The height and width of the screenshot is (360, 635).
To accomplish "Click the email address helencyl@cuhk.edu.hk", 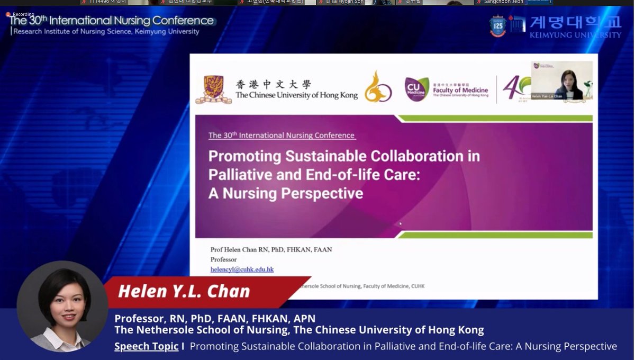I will click(242, 269).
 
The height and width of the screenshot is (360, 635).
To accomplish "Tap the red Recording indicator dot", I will click(8, 14).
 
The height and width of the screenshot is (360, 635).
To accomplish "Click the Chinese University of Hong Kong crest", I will click(213, 89).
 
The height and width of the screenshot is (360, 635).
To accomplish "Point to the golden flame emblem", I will click(378, 87).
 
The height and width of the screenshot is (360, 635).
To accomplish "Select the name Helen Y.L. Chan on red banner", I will click(184, 291).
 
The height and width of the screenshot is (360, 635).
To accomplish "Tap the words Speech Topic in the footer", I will click(146, 346).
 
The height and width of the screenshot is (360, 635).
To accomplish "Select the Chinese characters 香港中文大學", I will click(273, 85).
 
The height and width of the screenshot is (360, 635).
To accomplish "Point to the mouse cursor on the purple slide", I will click(400, 223).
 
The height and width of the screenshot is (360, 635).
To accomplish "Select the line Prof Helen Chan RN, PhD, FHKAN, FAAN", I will click(271, 249).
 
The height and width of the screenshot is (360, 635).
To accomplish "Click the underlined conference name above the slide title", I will click(282, 136).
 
